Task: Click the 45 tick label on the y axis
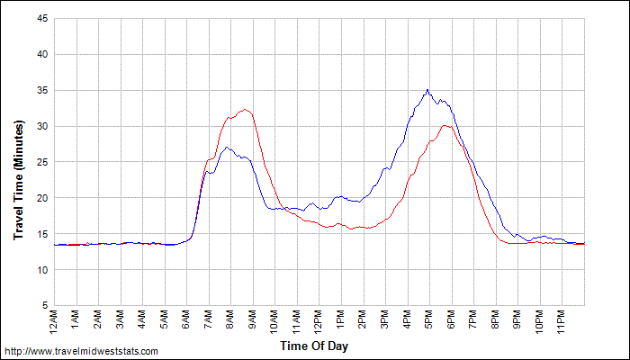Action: (41, 18)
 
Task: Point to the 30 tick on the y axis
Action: (41, 126)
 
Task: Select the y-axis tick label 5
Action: (44, 306)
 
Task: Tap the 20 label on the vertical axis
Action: (41, 198)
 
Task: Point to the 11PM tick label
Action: (562, 319)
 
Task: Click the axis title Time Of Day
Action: (313, 346)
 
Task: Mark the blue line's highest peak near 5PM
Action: (427, 90)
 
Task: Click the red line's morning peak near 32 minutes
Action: (244, 110)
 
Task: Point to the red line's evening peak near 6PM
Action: (445, 125)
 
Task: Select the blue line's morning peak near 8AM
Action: (226, 147)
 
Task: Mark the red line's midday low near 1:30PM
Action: (350, 229)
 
